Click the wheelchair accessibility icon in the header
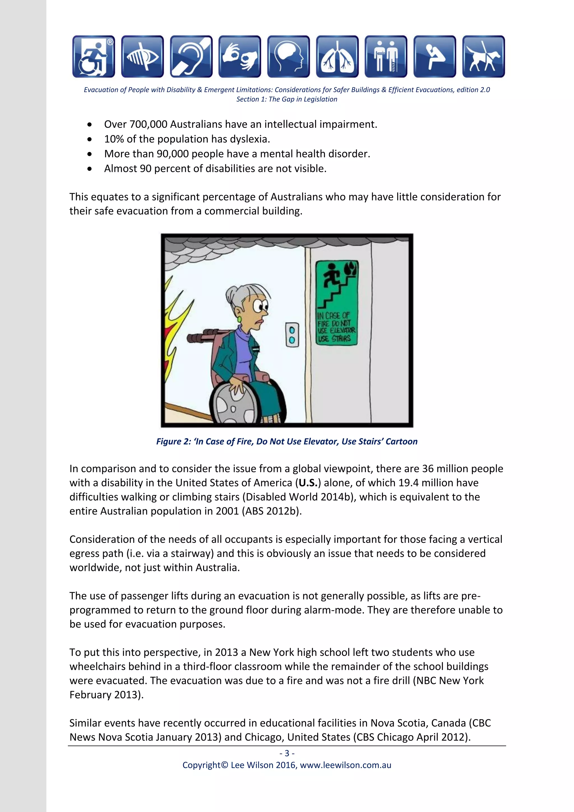(x=94, y=57)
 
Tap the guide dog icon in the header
(x=483, y=57)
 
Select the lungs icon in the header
(x=337, y=57)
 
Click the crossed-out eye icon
(x=142, y=57)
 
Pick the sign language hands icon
(x=240, y=57)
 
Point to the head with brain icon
(x=288, y=57)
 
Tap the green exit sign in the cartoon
(x=337, y=303)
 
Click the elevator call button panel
(x=292, y=335)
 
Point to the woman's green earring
(x=239, y=319)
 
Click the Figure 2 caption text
(x=287, y=441)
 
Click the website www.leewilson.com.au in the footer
(x=345, y=765)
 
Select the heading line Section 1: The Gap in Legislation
(x=287, y=99)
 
